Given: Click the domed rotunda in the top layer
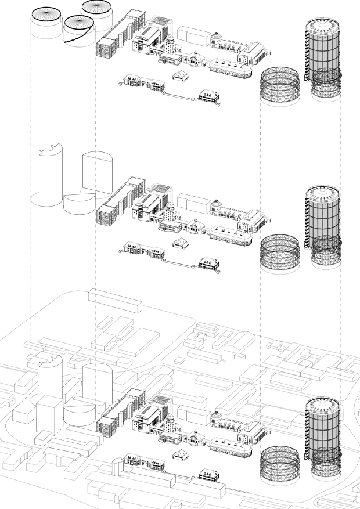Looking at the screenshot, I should pyautogui.click(x=216, y=38).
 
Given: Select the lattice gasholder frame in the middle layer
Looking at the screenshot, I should pyautogui.click(x=279, y=253).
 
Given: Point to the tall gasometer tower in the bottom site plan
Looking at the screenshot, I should pyautogui.click(x=323, y=429).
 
